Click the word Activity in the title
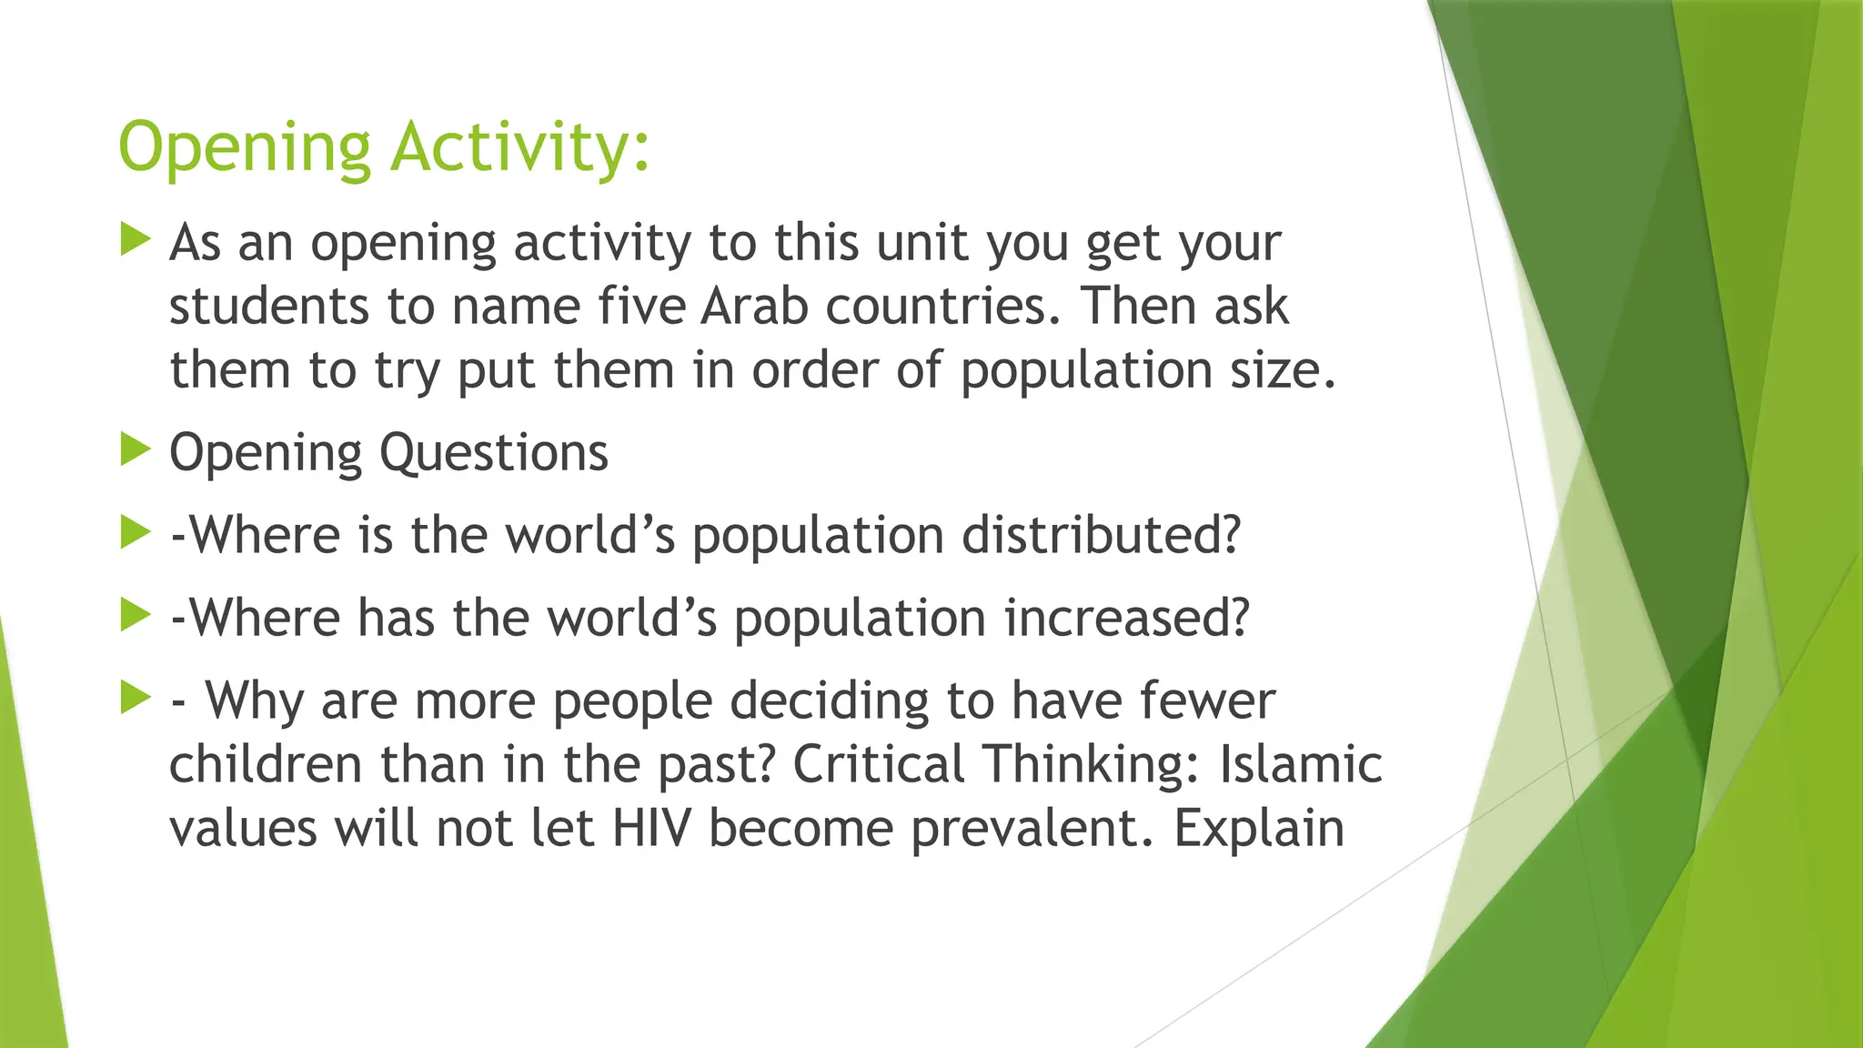tap(519, 147)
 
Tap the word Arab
tap(754, 306)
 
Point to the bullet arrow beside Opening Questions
tap(135, 449)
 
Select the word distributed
tap(1101, 534)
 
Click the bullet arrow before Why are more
tap(135, 698)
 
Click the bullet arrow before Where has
tap(135, 615)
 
